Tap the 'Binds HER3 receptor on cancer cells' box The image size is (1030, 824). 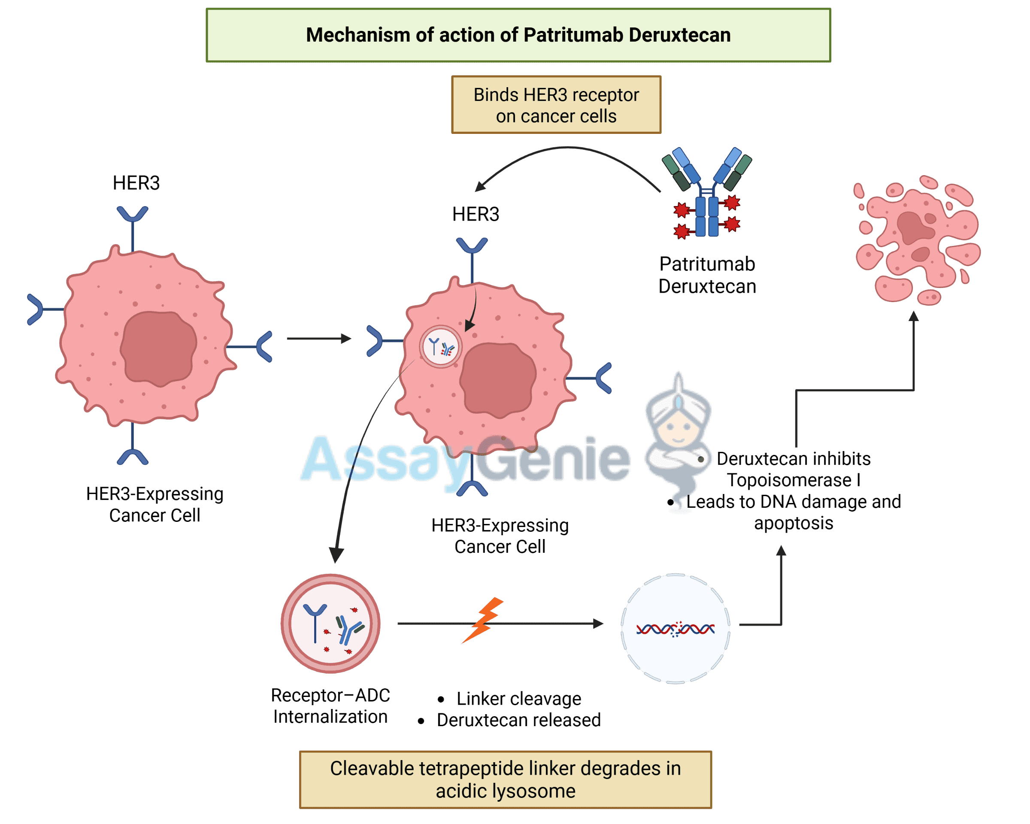click(x=556, y=105)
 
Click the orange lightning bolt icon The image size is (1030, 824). click(x=484, y=620)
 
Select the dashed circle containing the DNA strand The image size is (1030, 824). click(x=675, y=629)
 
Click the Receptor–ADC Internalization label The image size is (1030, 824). click(x=330, y=706)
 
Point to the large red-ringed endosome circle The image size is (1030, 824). click(x=330, y=624)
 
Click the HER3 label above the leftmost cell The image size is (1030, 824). click(x=136, y=183)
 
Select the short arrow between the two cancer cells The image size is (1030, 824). click(x=318, y=339)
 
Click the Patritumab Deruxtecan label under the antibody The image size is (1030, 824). click(x=707, y=275)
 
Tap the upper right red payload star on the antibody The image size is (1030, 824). click(x=732, y=203)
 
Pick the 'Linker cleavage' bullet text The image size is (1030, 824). click(x=519, y=698)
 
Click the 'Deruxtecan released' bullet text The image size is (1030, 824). click(x=518, y=720)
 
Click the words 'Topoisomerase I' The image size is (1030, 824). click(x=794, y=480)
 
